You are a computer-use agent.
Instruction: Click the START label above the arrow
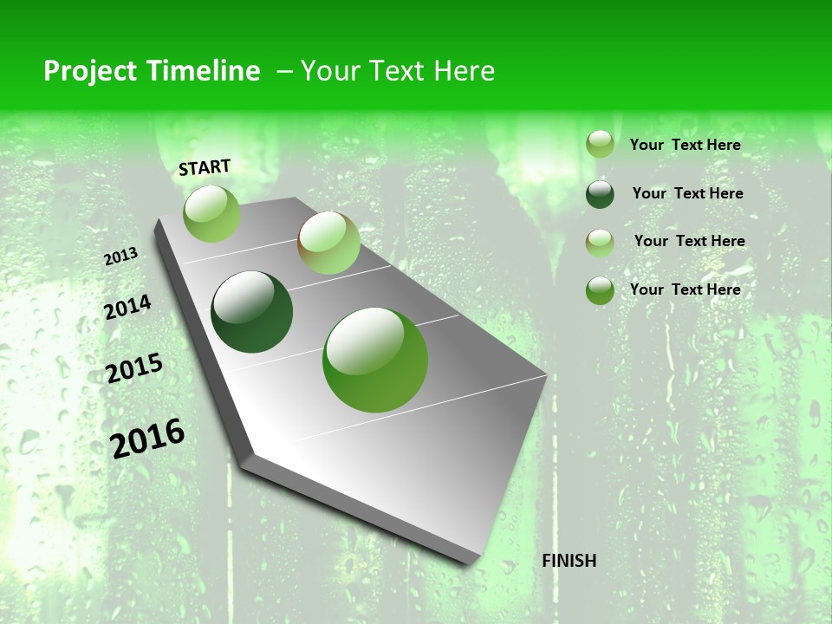[x=205, y=167]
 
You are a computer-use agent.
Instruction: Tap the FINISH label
[x=569, y=561]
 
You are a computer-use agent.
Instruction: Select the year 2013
[x=120, y=256]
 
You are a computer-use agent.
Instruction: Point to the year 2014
[x=127, y=307]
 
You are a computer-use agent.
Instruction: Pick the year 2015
[x=133, y=368]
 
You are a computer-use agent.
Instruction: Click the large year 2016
[x=147, y=438]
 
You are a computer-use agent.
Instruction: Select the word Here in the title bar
[x=464, y=71]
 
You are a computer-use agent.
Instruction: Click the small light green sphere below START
[x=211, y=213]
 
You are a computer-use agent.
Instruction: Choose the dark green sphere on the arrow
[x=251, y=312]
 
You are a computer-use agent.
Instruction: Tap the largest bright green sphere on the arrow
[x=375, y=359]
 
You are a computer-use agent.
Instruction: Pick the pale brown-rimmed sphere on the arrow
[x=328, y=243]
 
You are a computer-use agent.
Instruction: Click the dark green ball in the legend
[x=600, y=194]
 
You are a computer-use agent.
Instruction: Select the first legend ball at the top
[x=600, y=144]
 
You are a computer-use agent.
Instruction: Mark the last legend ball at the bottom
[x=600, y=290]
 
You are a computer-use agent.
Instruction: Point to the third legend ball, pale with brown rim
[x=600, y=243]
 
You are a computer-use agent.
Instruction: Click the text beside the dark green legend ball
[x=687, y=193]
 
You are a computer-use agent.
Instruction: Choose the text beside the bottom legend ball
[x=685, y=289]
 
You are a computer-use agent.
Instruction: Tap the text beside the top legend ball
[x=685, y=145]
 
